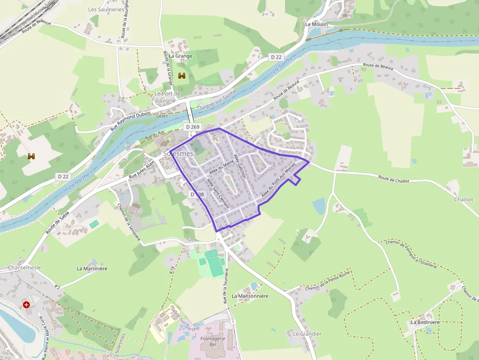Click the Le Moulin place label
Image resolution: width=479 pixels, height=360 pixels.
316,24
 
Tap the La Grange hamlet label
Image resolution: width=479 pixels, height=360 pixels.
181,56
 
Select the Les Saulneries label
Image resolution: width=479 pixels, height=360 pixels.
106,9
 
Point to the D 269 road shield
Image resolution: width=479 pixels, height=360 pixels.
192,127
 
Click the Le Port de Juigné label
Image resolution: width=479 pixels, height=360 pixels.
167,97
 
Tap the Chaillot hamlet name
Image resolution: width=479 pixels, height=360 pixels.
463,199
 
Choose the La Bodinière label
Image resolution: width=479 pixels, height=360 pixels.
425,322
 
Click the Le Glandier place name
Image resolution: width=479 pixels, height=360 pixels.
307,334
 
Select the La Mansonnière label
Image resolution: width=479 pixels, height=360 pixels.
250,296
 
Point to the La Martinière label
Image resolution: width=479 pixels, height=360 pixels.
92,269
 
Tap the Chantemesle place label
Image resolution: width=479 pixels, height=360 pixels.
24,268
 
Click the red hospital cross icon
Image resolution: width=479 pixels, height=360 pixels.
26,305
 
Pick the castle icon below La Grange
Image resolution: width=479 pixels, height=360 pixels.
182,76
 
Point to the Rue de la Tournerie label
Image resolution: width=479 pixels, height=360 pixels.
226,288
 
